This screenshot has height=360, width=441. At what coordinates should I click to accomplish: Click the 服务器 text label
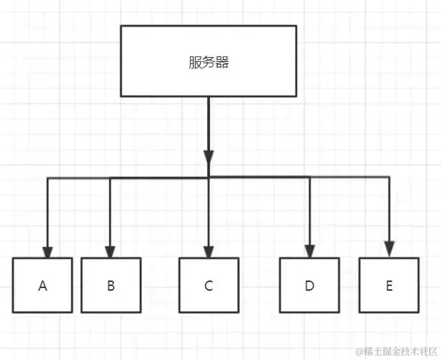(208, 63)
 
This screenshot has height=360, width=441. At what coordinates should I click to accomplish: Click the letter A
(43, 286)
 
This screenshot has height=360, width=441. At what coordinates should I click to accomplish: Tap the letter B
(111, 286)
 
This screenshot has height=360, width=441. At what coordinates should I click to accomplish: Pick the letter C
(208, 286)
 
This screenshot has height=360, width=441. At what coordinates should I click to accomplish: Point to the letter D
(309, 286)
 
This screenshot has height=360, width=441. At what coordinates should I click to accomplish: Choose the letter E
(389, 286)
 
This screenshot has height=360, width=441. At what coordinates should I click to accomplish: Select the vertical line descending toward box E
(389, 210)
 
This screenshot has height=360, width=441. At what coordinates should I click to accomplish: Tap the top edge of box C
(208, 259)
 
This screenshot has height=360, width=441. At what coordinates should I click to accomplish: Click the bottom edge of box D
(309, 312)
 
